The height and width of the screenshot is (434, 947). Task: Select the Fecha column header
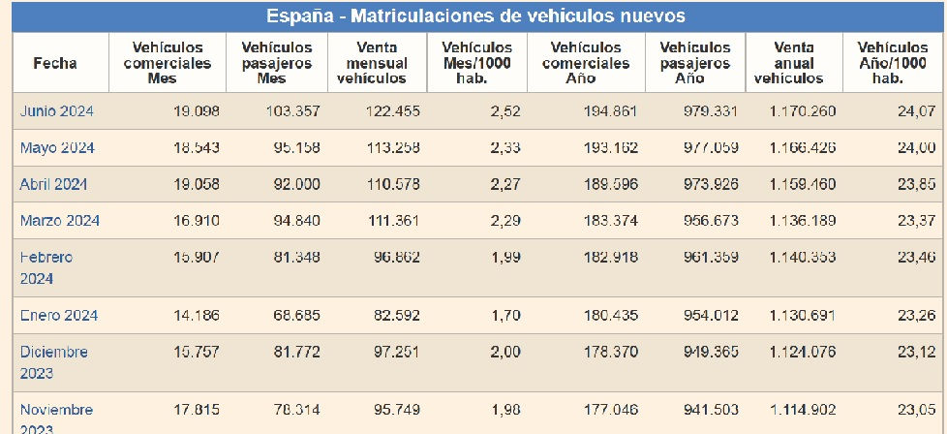55,63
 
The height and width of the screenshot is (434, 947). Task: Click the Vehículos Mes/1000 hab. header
476,63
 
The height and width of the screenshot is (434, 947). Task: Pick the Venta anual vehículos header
794,63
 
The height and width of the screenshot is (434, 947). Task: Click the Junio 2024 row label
56,111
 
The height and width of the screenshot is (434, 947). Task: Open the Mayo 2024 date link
56,148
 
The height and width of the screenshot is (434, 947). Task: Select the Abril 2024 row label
55,184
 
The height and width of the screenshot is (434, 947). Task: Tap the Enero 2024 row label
59,315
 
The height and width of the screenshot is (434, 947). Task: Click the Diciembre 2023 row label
54,361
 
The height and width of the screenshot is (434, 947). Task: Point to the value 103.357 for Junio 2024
292,111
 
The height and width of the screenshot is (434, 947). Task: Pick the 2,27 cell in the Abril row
502,184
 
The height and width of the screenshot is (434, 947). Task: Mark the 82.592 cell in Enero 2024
397,315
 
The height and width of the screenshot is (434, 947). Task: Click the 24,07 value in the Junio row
915,111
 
